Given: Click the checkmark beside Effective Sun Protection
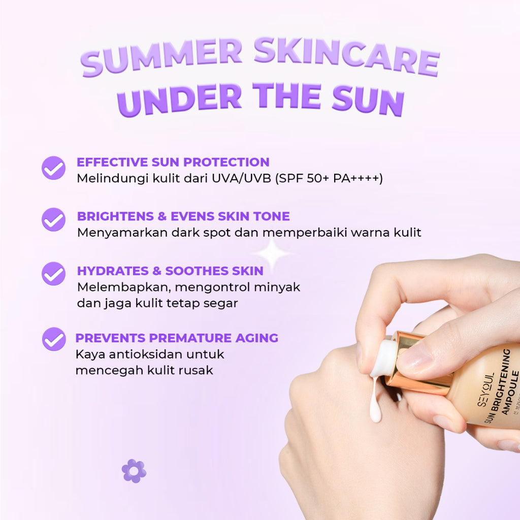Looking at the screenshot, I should click(x=53, y=168).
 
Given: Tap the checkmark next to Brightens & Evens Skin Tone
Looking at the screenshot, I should click(x=53, y=220).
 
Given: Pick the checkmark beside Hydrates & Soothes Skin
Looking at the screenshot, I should click(x=53, y=274).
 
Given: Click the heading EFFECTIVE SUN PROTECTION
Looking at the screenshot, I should click(x=173, y=162).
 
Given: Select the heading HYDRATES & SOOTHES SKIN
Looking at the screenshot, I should click(x=170, y=271).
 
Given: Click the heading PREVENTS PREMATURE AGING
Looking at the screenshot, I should click(x=177, y=338).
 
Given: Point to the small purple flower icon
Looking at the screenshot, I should click(x=134, y=471).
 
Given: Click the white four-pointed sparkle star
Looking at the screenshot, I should click(x=272, y=254).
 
